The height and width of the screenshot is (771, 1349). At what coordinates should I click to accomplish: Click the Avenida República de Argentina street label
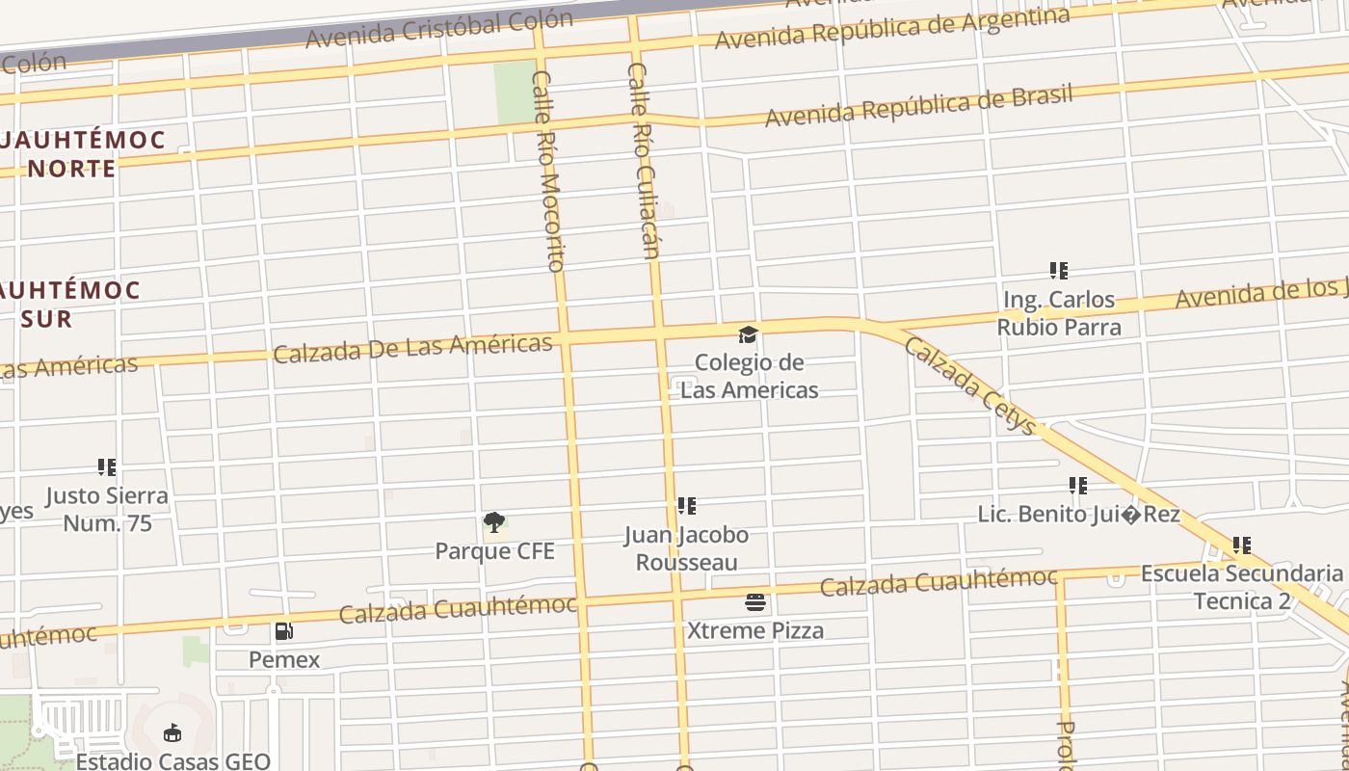click(x=891, y=29)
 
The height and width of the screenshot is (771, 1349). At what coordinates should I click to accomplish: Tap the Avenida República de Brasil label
click(x=918, y=105)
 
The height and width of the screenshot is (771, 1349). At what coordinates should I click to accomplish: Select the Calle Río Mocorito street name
click(x=548, y=172)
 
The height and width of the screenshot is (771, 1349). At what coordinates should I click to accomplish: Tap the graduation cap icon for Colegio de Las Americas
click(x=748, y=334)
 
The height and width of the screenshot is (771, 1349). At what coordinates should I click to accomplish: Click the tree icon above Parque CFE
click(x=494, y=522)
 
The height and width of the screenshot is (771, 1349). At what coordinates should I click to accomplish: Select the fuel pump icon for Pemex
click(x=284, y=631)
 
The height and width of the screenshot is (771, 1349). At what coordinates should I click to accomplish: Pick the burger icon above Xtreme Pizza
click(x=755, y=603)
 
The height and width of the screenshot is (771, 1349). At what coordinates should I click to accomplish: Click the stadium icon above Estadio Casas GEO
click(x=172, y=733)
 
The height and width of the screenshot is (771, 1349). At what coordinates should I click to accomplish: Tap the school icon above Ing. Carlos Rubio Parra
click(x=1058, y=271)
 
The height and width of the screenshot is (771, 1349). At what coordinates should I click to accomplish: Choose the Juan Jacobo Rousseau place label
click(x=686, y=548)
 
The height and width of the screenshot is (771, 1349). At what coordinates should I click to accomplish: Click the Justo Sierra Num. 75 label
click(x=107, y=510)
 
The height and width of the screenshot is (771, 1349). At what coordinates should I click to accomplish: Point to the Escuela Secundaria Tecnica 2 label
click(x=1241, y=588)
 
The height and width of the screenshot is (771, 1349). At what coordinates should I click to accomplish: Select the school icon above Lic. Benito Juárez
click(x=1077, y=486)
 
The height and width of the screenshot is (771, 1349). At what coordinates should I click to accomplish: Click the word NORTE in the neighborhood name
click(x=71, y=169)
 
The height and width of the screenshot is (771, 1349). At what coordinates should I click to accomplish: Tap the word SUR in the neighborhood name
click(x=46, y=319)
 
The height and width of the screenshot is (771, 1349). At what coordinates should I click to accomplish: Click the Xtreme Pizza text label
click(x=755, y=631)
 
